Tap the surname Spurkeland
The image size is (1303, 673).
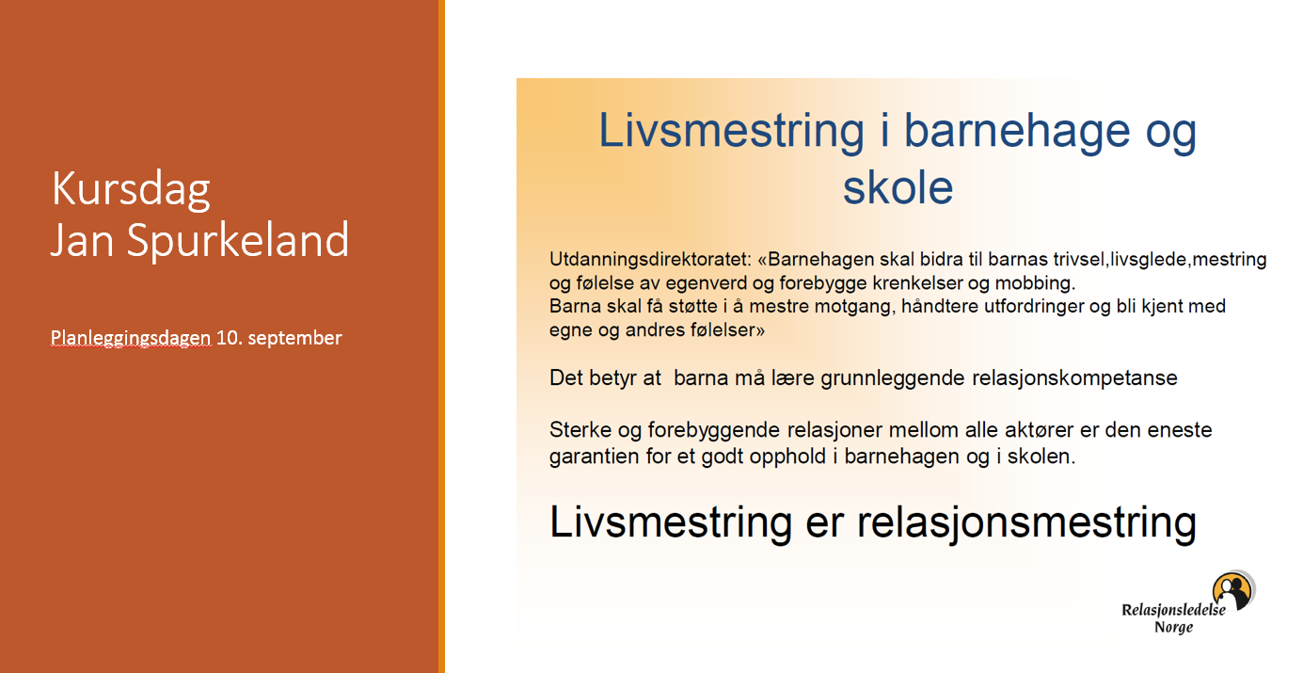point(238,241)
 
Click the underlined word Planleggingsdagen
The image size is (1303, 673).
point(130,338)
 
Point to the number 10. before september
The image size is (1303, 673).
point(229,338)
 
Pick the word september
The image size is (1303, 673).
point(294,339)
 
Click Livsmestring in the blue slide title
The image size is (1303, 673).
point(731,132)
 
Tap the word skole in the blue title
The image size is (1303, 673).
point(898,188)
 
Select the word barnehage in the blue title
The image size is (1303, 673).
point(1017,132)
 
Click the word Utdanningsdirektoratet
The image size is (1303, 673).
point(651,259)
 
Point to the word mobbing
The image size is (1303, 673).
point(1036,283)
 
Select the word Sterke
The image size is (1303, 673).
point(580,430)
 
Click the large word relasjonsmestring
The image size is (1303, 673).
point(1026,522)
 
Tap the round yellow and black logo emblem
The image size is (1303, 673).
point(1233,591)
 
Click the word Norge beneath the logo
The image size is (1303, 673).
point(1174,628)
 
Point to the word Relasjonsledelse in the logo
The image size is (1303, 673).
point(1173,610)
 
